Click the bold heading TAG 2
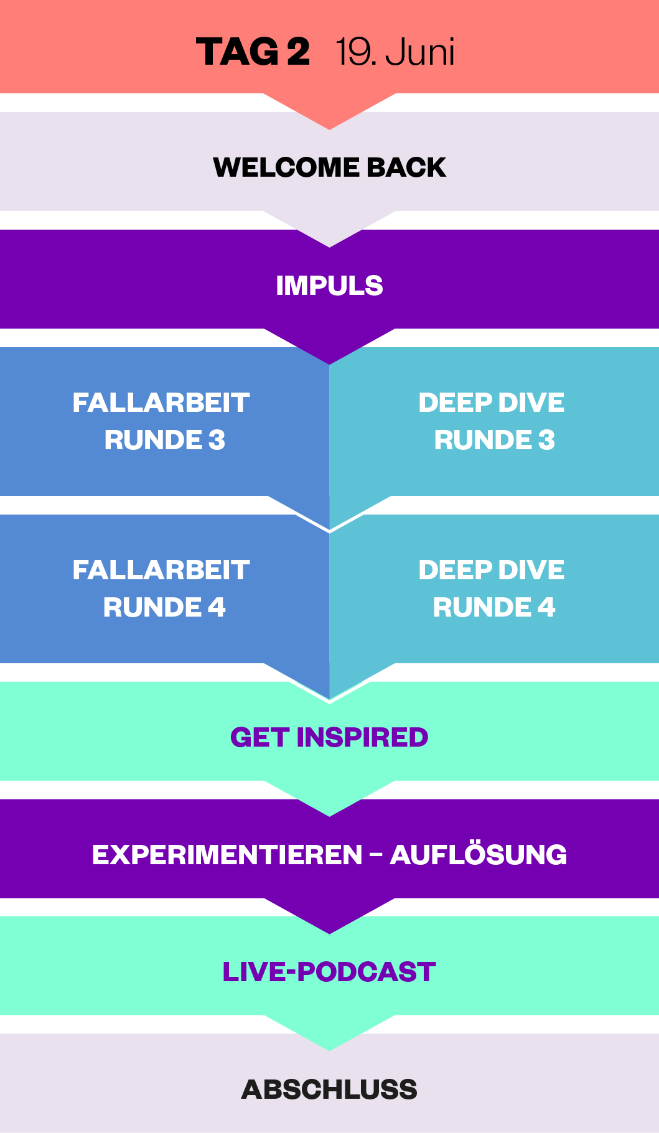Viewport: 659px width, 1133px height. (253, 52)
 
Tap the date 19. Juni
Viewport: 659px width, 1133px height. (395, 52)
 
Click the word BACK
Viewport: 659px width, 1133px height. (406, 167)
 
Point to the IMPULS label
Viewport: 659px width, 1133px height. (329, 286)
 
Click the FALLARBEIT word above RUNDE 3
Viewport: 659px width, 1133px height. (161, 403)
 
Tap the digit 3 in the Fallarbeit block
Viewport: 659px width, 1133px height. (217, 440)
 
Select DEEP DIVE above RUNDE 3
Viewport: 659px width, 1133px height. (491, 403)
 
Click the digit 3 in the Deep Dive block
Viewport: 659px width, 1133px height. (546, 440)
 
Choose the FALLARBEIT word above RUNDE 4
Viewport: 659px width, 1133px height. (161, 570)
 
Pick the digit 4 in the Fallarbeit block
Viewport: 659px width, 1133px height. (217, 607)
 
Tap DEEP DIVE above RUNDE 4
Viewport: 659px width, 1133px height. (491, 570)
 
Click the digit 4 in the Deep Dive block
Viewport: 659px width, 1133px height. (546, 607)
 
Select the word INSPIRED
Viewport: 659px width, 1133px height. (362, 737)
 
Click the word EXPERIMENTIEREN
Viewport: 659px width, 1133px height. (227, 855)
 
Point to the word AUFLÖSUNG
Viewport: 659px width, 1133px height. (478, 855)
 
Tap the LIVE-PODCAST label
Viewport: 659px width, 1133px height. (329, 972)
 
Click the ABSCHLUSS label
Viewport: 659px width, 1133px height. (329, 1089)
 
